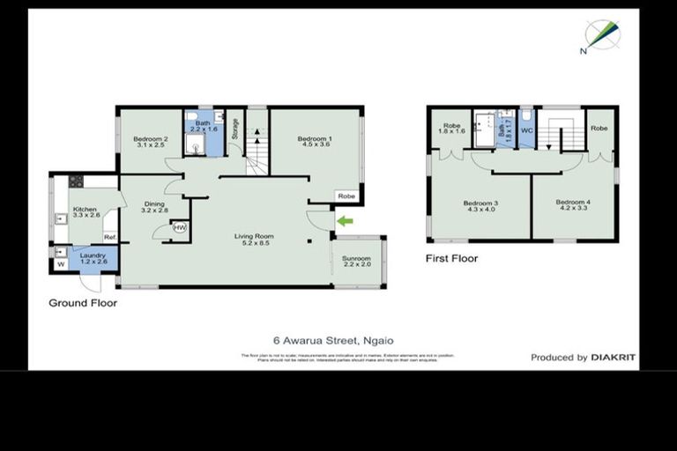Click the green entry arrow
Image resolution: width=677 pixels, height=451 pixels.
point(345,221)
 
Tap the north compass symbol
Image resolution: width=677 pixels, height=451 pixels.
point(601,36)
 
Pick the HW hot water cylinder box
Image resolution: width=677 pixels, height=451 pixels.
point(181,228)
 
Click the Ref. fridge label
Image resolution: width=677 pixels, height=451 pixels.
point(109,238)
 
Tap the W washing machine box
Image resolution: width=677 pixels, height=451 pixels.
point(61,263)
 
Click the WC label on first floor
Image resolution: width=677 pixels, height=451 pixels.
point(527,131)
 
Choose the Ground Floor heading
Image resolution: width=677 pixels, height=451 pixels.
point(82,303)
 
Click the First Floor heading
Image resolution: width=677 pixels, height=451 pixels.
point(451,259)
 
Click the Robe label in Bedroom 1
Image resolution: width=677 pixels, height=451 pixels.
point(346,196)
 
